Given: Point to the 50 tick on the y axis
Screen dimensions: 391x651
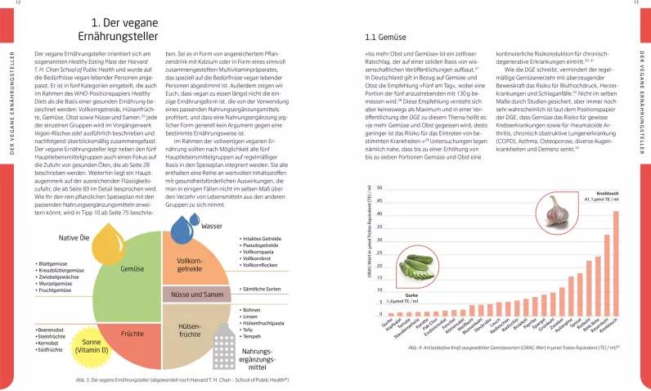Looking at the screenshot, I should pos(379,190).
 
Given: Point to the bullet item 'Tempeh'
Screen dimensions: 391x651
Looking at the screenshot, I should pos(251,335).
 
